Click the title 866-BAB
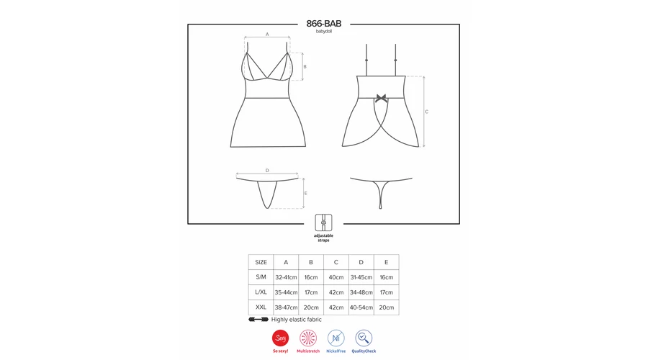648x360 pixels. (323, 24)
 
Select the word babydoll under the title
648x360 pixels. (323, 32)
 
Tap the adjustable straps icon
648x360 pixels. (323, 222)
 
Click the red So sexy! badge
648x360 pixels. (280, 338)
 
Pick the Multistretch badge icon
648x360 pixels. (308, 338)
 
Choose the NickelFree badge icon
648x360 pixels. (336, 338)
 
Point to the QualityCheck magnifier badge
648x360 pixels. (364, 338)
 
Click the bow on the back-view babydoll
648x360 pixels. (381, 99)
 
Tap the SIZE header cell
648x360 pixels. (261, 262)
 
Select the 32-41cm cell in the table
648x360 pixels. (286, 277)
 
